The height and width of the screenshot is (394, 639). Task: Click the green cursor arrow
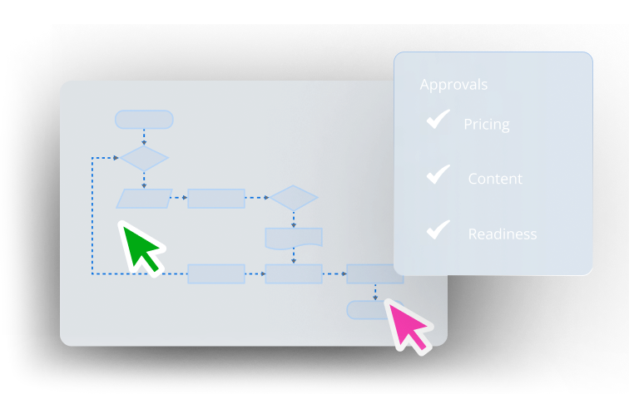pyautogui.click(x=140, y=247)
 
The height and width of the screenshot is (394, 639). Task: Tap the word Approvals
pyautogui.click(x=453, y=85)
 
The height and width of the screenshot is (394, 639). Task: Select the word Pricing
pyautogui.click(x=487, y=125)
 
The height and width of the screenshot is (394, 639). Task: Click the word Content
pyautogui.click(x=495, y=179)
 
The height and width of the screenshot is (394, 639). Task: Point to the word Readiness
pyautogui.click(x=503, y=234)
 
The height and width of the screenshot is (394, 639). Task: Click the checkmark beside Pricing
pyautogui.click(x=438, y=119)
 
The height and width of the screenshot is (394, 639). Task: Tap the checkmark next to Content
pyautogui.click(x=438, y=175)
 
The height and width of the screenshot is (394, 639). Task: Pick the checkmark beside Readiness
pyautogui.click(x=438, y=229)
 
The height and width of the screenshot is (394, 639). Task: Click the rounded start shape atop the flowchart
pyautogui.click(x=144, y=120)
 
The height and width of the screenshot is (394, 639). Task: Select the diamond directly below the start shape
pyautogui.click(x=144, y=158)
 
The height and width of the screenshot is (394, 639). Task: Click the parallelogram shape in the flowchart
pyautogui.click(x=144, y=199)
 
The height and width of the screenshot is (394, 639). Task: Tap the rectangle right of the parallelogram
pyautogui.click(x=216, y=199)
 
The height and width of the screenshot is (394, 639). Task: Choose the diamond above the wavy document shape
pyautogui.click(x=294, y=198)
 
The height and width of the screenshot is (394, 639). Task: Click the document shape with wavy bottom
pyautogui.click(x=294, y=239)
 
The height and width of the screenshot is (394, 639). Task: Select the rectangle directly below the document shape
pyautogui.click(x=294, y=274)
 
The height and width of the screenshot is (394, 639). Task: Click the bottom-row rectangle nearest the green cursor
pyautogui.click(x=216, y=274)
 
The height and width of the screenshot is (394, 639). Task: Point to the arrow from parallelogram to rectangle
pyautogui.click(x=179, y=198)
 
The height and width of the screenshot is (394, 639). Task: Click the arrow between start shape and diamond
pyautogui.click(x=144, y=137)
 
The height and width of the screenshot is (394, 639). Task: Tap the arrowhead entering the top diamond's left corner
pyautogui.click(x=116, y=158)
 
